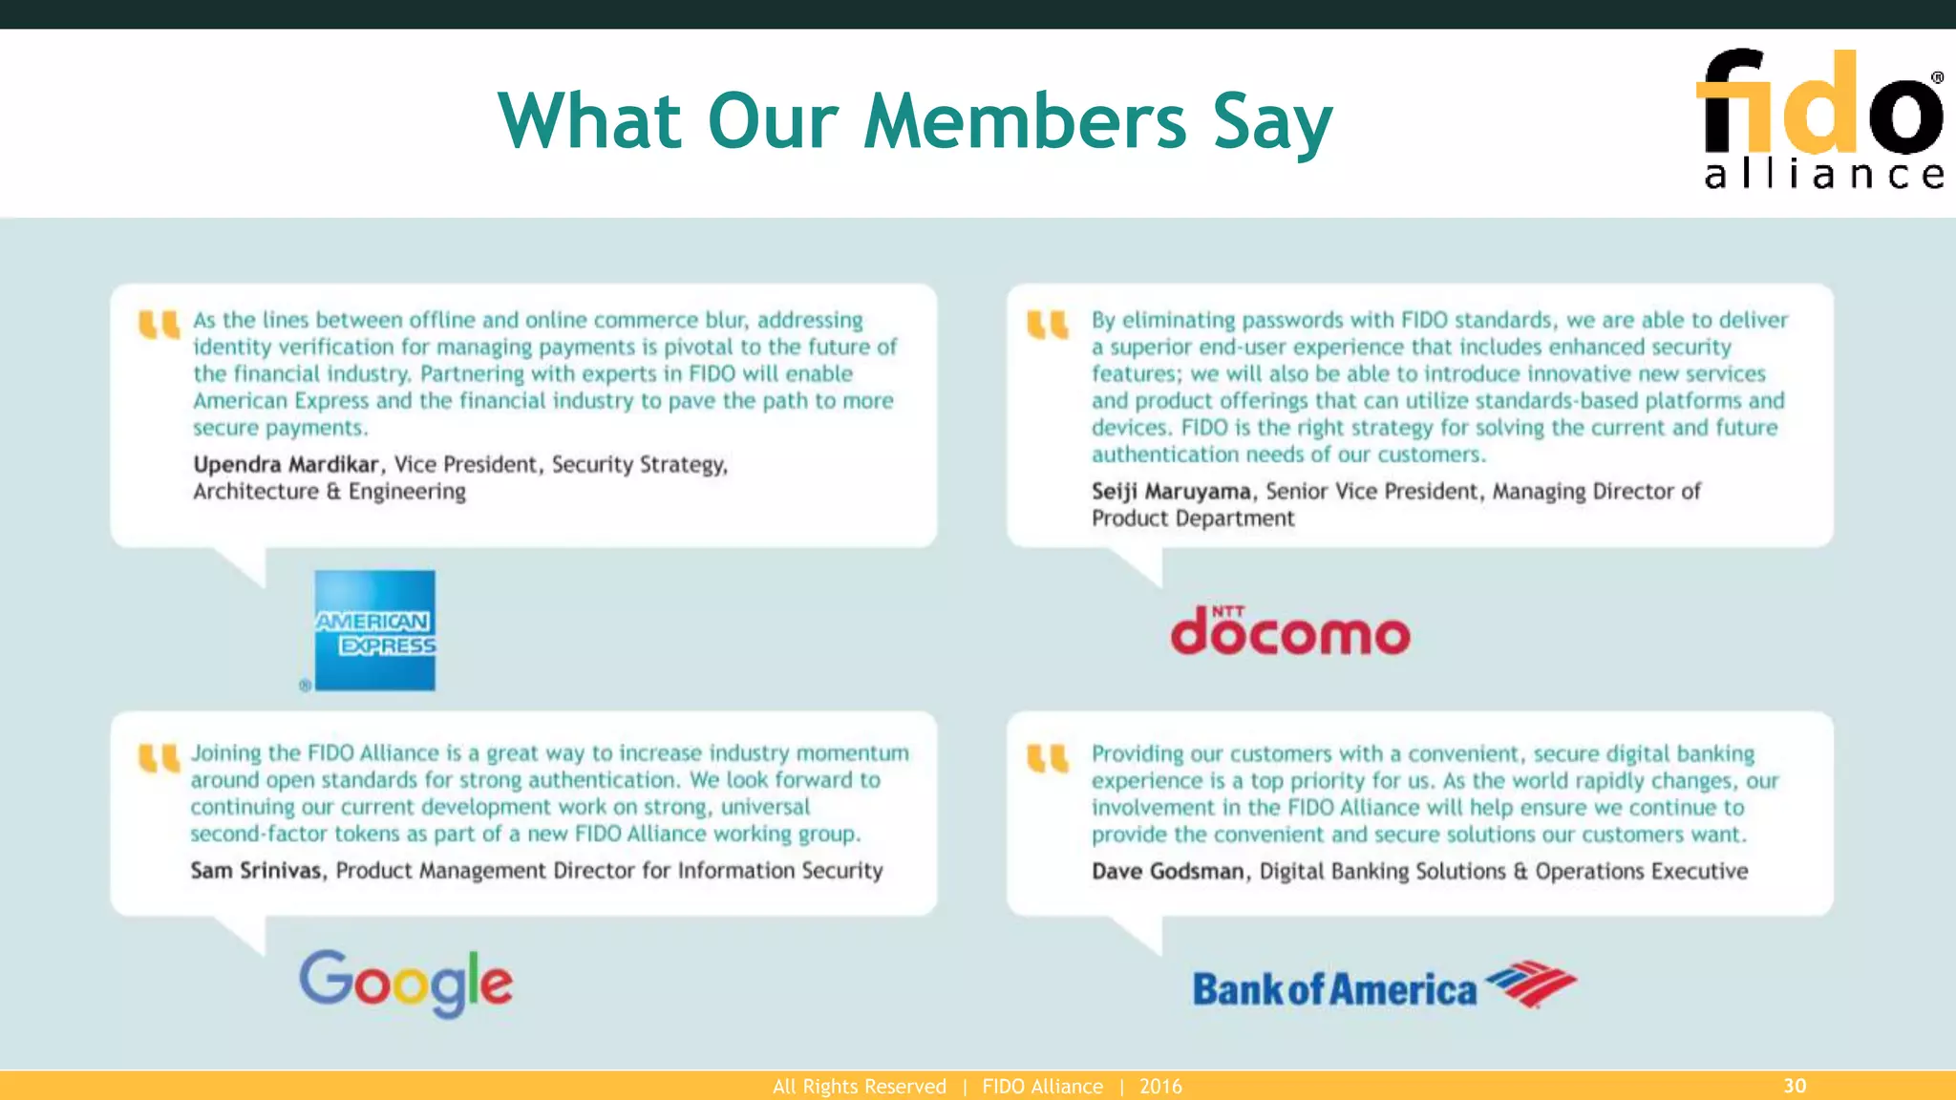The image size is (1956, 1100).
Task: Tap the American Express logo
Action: coord(374,630)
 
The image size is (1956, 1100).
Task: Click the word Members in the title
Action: coord(1025,121)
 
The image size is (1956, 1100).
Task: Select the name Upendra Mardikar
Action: coord(286,465)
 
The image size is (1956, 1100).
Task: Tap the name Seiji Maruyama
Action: coord(1171,492)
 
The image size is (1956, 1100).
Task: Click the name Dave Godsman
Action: coord(1168,872)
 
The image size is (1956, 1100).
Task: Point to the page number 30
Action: coord(1795,1086)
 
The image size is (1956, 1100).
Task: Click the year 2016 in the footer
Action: coord(1160,1087)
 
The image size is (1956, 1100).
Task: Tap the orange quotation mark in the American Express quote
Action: coord(159,326)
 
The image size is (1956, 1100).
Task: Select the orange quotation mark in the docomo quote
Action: coord(1047,326)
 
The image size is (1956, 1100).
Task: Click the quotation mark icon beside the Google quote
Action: coord(159,759)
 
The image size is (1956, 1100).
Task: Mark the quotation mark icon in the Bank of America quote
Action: coord(1047,759)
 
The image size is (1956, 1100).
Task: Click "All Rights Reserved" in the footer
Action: coord(859,1087)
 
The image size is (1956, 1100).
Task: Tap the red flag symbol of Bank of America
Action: coord(1531,984)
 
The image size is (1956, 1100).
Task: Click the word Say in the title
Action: coord(1272,123)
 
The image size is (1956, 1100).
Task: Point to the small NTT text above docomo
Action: coord(1228,611)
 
